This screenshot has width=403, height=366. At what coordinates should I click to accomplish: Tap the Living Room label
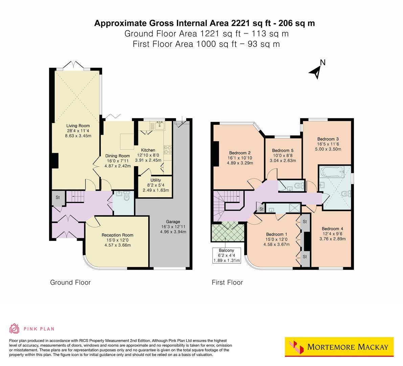[78, 126]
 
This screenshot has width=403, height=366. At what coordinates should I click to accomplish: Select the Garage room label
[173, 222]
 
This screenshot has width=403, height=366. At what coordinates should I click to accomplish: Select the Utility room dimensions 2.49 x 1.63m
[156, 190]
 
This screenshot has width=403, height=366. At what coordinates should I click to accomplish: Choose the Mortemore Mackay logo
[339, 347]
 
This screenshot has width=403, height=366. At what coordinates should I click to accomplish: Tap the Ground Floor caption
[70, 282]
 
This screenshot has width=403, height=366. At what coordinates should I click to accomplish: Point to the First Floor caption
[227, 282]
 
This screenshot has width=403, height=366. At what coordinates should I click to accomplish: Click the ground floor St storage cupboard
[58, 198]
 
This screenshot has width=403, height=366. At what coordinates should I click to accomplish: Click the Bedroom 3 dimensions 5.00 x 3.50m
[328, 149]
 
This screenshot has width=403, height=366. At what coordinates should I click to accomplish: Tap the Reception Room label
[117, 235]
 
